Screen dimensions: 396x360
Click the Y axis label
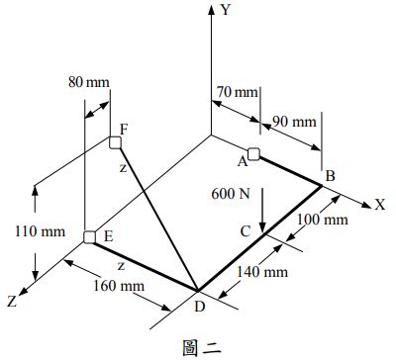[226, 11]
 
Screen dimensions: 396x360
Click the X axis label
[379, 205]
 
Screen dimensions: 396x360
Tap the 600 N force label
[231, 194]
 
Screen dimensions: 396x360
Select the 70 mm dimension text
[236, 93]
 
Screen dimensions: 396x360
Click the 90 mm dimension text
[294, 123]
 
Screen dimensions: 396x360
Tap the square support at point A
[253, 153]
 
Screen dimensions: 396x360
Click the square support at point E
[89, 237]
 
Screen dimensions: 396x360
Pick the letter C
[245, 230]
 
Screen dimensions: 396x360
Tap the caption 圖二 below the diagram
[198, 346]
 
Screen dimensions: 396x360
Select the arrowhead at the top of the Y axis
[211, 10]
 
